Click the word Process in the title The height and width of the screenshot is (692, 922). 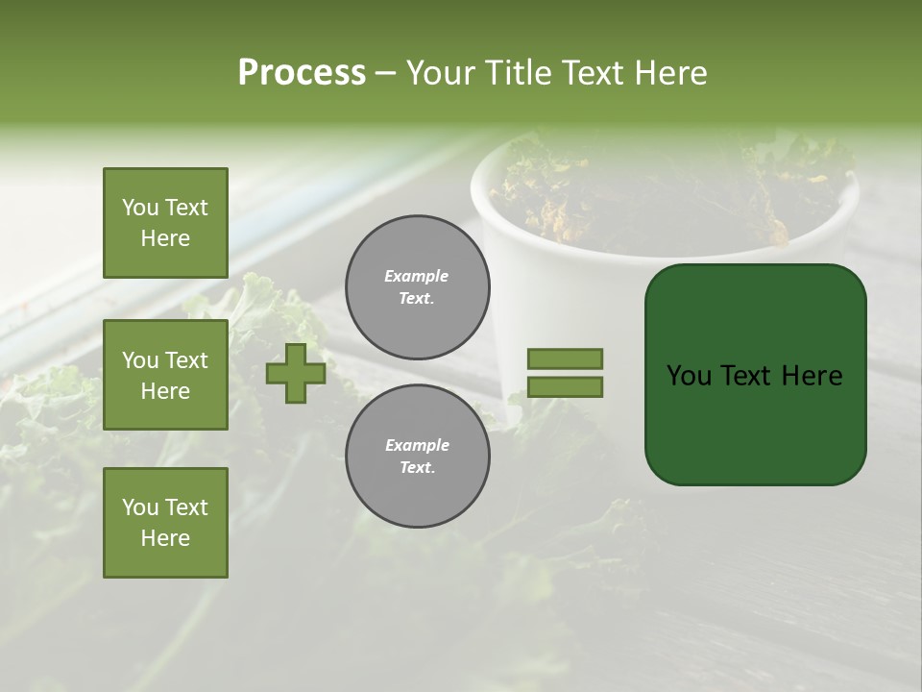[x=302, y=73]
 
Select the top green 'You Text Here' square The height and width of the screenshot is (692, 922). [x=165, y=223]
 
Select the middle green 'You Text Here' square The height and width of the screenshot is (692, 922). [x=165, y=375]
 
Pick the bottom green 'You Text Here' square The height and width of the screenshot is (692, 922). [x=165, y=523]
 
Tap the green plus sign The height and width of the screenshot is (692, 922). [x=296, y=373]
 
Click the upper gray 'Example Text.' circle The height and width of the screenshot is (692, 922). [x=417, y=287]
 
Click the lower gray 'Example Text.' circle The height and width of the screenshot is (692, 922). [x=417, y=457]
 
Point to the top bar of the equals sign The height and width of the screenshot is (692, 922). [x=566, y=358]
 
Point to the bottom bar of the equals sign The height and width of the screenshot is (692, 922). [x=566, y=387]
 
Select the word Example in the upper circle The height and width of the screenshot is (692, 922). [x=417, y=276]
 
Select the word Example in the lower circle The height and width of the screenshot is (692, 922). [x=417, y=445]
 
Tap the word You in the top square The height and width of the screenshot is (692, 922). [x=140, y=208]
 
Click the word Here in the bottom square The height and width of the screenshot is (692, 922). [x=165, y=538]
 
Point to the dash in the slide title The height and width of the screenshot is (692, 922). [x=385, y=74]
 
